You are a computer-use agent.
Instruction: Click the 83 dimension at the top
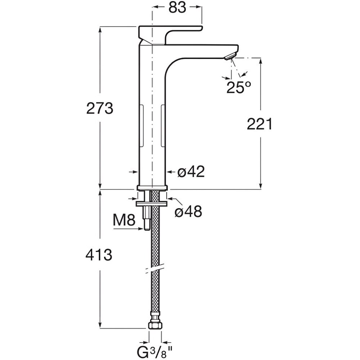click(177, 8)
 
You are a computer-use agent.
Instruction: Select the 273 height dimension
click(100, 108)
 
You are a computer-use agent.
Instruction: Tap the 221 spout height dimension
click(260, 124)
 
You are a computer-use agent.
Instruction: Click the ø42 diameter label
click(191, 172)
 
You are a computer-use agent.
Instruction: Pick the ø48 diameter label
click(188, 211)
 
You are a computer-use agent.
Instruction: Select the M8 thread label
click(124, 220)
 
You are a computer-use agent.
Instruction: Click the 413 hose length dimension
click(99, 255)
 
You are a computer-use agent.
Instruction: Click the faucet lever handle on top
click(170, 35)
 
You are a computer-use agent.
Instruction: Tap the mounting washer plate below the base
click(152, 203)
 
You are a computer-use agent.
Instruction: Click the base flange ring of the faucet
click(152, 188)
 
